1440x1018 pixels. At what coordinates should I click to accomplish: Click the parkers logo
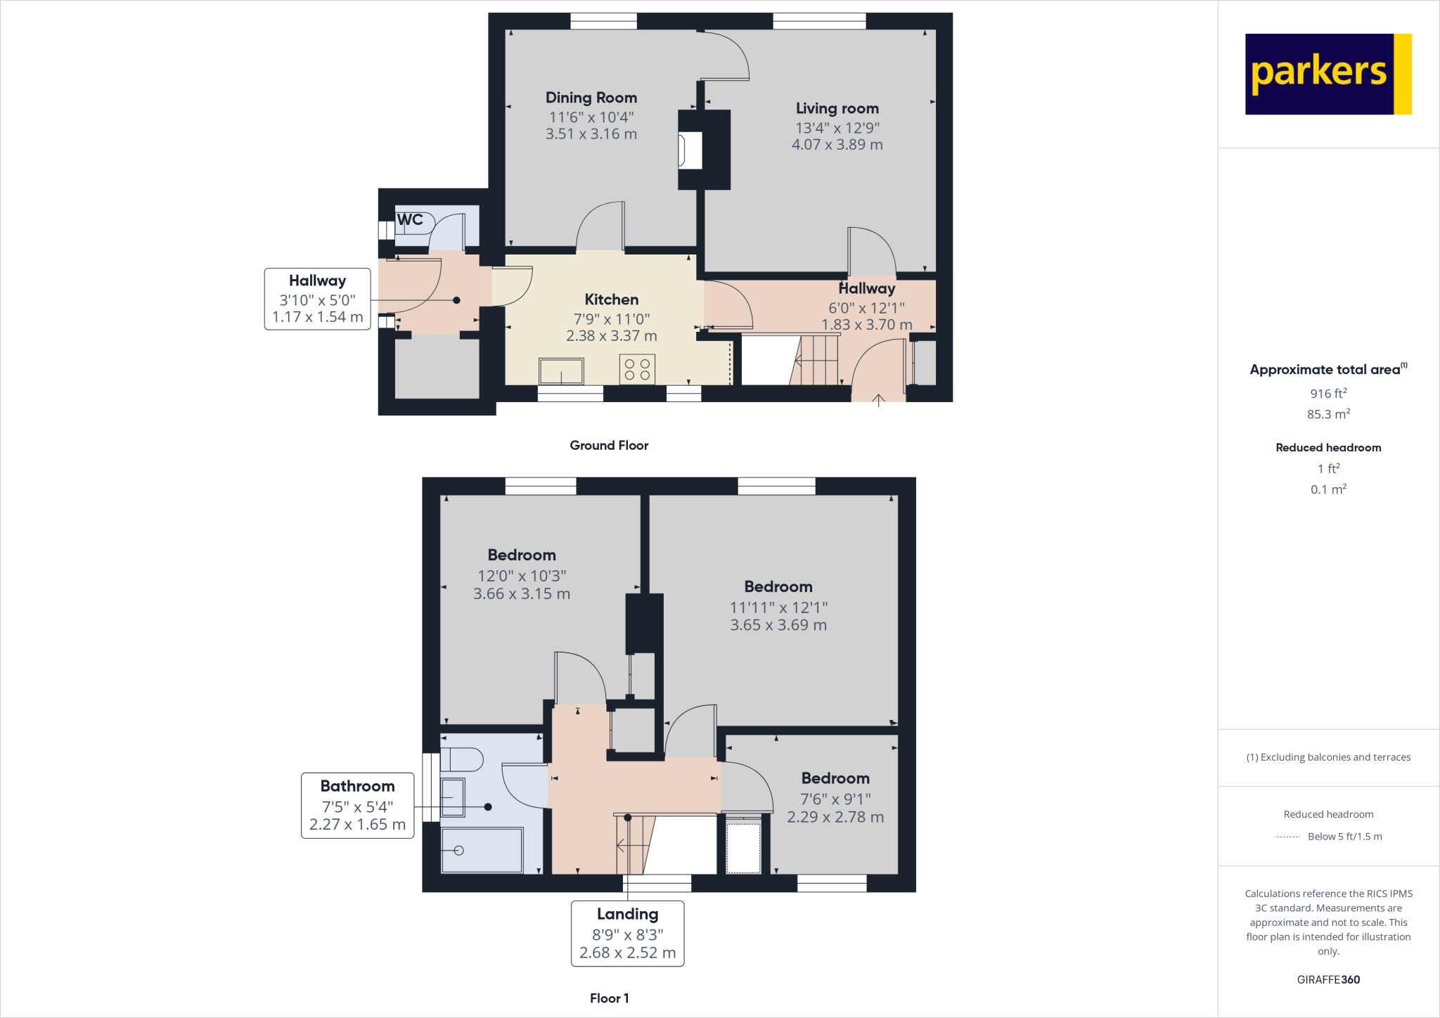pos(1327,74)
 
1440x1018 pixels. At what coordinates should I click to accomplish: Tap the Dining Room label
pos(591,98)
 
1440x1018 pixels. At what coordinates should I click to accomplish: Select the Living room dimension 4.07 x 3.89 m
pos(837,145)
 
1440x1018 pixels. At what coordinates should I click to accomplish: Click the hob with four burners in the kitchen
pos(637,369)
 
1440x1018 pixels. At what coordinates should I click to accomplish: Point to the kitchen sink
pos(561,371)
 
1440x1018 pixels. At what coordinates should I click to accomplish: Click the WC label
pos(410,220)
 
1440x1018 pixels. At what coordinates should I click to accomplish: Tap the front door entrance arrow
pos(878,401)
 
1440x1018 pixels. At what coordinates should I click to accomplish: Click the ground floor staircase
pos(816,360)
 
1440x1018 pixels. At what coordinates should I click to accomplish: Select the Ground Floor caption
pos(609,445)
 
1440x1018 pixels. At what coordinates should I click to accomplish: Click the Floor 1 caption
pos(609,998)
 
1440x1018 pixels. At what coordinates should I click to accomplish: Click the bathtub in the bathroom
pos(482,850)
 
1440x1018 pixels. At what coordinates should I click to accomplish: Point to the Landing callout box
pos(627,934)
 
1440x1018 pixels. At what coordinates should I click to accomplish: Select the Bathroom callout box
pos(357,805)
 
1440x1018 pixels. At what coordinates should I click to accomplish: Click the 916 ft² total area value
pos(1327,394)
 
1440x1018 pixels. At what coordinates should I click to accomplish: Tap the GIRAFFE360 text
pos(1327,979)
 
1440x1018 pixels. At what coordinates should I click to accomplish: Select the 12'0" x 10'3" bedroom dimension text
pos(522,576)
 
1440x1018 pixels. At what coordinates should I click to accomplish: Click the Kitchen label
pos(611,299)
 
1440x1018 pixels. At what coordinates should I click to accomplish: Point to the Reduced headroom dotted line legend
pos(1287,837)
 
